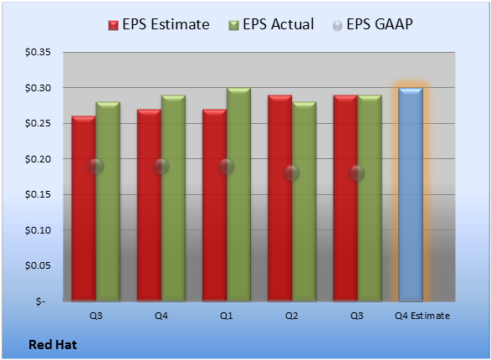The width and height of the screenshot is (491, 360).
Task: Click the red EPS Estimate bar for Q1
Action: pyautogui.click(x=214, y=205)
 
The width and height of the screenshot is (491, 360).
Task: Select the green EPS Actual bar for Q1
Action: pyautogui.click(x=238, y=194)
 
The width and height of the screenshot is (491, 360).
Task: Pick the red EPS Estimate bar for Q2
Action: pyautogui.click(x=279, y=198)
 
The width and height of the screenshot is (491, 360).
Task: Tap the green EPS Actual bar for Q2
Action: pyautogui.click(x=304, y=202)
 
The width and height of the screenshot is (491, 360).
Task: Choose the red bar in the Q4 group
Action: pyautogui.click(x=149, y=205)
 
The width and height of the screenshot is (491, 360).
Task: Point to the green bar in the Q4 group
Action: pyautogui.click(x=173, y=198)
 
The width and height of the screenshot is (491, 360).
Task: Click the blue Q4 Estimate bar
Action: pyautogui.click(x=411, y=194)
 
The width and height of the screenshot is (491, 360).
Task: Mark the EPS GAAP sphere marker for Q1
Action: pyautogui.click(x=227, y=166)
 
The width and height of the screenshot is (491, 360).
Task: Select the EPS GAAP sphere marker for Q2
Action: pyautogui.click(x=292, y=173)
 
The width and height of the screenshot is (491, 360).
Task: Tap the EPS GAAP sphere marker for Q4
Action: pyautogui.click(x=161, y=166)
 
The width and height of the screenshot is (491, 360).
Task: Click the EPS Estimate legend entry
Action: pyautogui.click(x=159, y=24)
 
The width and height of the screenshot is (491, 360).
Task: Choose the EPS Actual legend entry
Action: pyautogui.click(x=271, y=24)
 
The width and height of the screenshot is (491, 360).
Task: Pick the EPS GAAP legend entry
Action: pyautogui.click(x=372, y=24)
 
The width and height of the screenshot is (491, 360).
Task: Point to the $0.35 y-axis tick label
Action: pyautogui.click(x=38, y=52)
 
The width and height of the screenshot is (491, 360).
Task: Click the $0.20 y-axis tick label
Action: pyautogui.click(x=38, y=159)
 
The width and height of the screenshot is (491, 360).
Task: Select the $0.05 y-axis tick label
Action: pyautogui.click(x=38, y=265)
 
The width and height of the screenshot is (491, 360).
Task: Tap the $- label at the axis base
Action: pyautogui.click(x=40, y=301)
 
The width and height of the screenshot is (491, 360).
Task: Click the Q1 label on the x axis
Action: pyautogui.click(x=227, y=316)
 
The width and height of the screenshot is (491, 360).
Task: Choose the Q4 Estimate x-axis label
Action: pyautogui.click(x=422, y=316)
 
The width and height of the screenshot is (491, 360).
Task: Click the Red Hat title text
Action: pyautogui.click(x=53, y=345)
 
